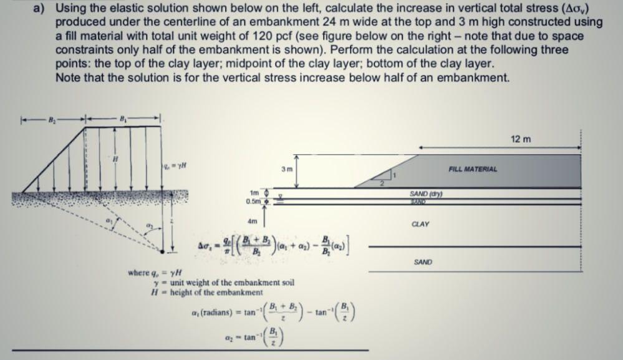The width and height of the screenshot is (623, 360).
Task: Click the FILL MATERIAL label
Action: [471, 169]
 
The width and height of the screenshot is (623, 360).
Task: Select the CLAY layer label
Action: [420, 223]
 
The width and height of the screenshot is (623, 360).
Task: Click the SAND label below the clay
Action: [422, 263]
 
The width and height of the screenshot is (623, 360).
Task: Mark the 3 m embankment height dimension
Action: [286, 169]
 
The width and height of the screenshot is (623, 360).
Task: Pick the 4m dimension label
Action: [253, 221]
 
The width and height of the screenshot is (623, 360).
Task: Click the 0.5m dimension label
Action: [254, 201]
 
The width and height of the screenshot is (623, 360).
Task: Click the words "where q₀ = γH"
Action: [152, 272]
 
